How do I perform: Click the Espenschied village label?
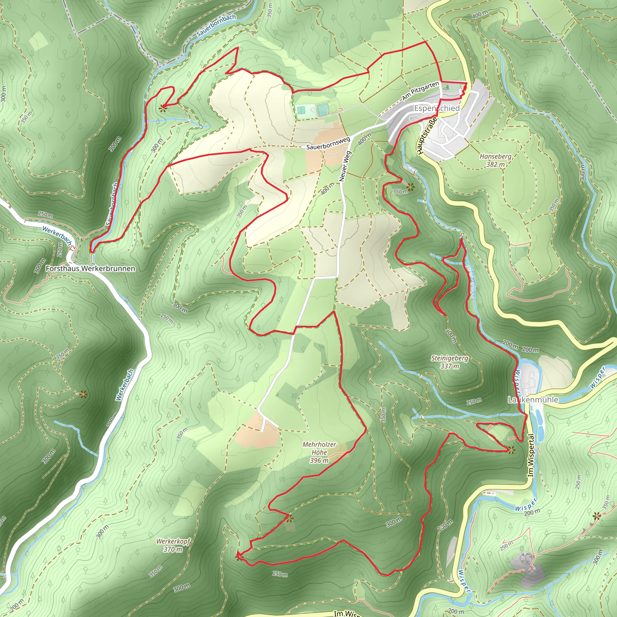point(437,108)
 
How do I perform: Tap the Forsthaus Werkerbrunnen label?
point(90,268)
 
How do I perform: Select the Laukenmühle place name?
point(533,399)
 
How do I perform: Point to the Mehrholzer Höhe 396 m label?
point(319,452)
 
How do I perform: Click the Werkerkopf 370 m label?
point(173,545)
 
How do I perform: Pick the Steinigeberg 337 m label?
point(450,362)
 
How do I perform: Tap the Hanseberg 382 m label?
point(495,160)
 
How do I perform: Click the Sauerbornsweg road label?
point(328,143)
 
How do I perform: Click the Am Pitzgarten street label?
point(420,91)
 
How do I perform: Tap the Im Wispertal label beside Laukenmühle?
point(531,455)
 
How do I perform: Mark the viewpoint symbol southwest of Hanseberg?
point(410,187)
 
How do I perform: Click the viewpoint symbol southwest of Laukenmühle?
point(511,450)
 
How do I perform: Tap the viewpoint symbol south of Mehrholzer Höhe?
point(289,519)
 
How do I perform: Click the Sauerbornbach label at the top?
point(216,25)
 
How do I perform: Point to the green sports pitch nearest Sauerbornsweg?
point(323,110)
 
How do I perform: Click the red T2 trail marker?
point(73,248)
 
